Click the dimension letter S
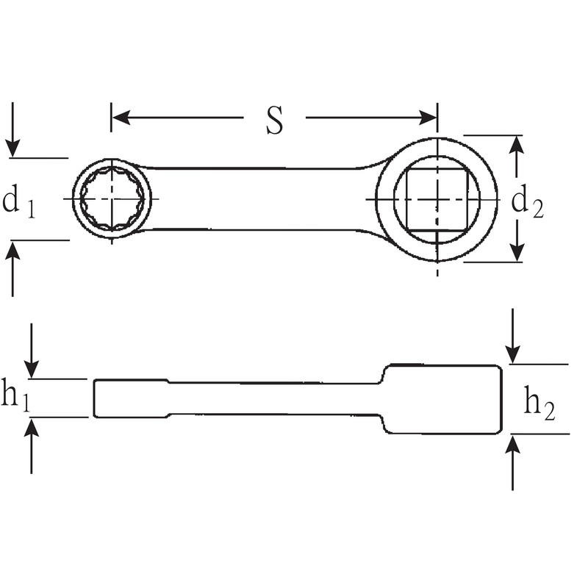274,121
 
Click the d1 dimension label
18,201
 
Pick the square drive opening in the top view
437,199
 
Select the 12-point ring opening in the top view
112,199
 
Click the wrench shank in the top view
257,199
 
